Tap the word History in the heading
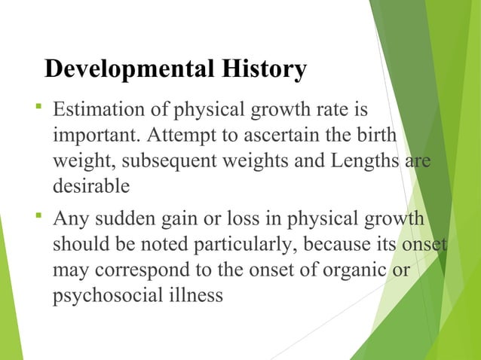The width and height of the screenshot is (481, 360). pyautogui.click(x=259, y=69)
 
